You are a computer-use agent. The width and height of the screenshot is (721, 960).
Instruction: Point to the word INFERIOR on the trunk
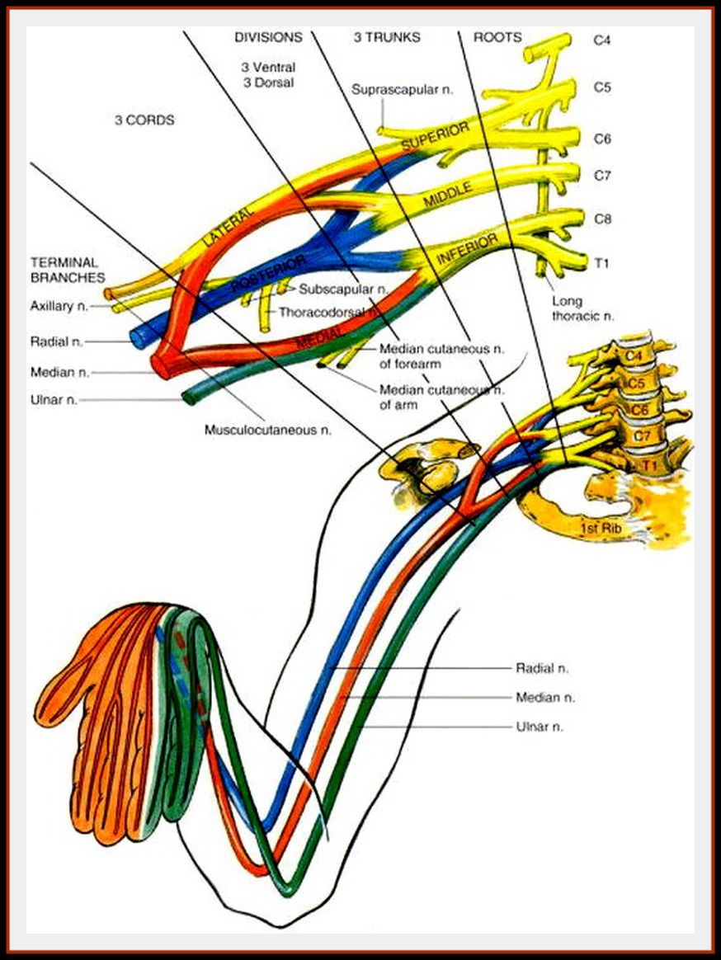tap(468, 247)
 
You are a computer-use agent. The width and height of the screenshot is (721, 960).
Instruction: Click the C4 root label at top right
tap(602, 39)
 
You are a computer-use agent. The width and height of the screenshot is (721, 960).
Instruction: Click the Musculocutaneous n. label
tap(268, 430)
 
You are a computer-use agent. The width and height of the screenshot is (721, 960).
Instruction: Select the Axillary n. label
tap(59, 306)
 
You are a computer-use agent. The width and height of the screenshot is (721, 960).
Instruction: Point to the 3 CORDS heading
tap(144, 120)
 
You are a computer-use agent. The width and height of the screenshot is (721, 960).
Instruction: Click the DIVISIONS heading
tap(268, 37)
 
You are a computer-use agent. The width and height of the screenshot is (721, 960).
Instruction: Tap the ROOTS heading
tap(497, 37)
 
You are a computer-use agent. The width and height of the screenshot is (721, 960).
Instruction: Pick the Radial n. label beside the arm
tap(542, 667)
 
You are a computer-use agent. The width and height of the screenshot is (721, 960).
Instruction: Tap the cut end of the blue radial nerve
tap(136, 337)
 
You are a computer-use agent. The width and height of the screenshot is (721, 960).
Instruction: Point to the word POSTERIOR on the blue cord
tap(268, 273)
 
